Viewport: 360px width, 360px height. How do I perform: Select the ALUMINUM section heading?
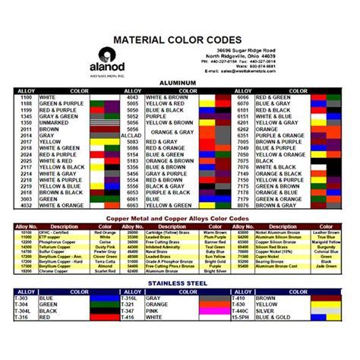[179, 81]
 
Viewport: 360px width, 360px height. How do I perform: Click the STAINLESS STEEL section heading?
[179, 281]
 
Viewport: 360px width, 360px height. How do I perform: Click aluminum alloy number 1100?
[25, 98]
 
